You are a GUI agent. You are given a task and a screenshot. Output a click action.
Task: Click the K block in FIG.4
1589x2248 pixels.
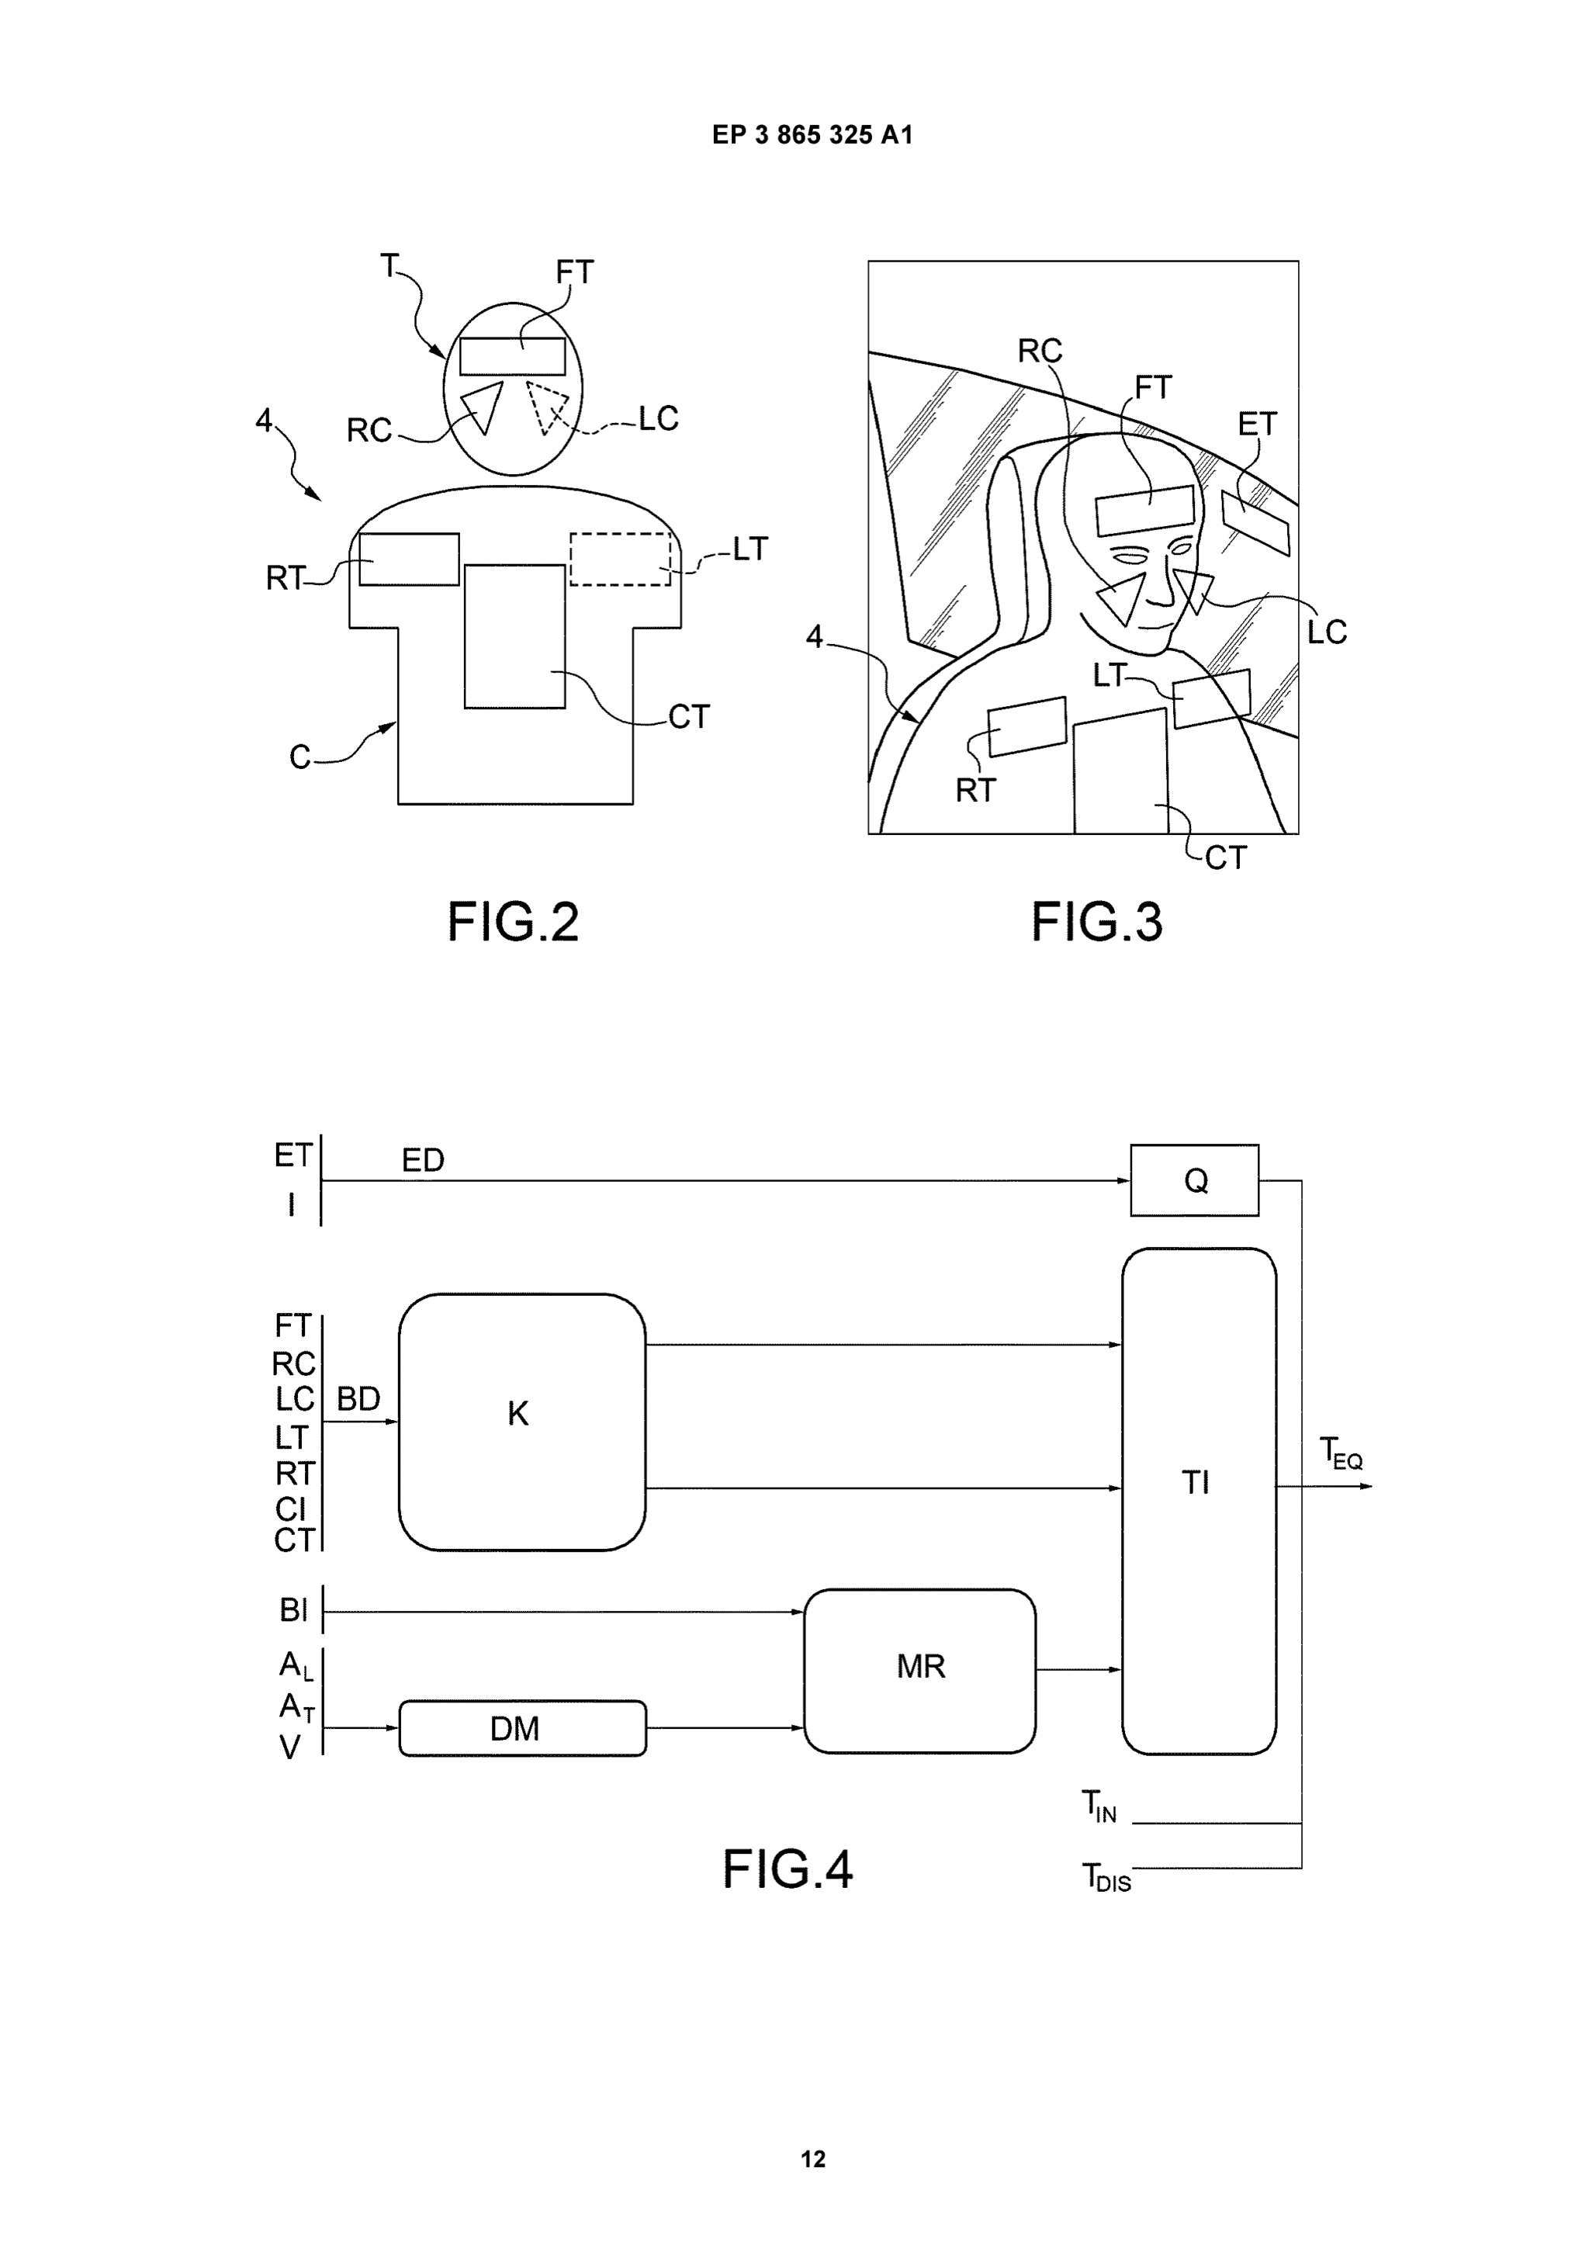pos(522,1422)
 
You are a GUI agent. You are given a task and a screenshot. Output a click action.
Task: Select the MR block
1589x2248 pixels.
pos(919,1671)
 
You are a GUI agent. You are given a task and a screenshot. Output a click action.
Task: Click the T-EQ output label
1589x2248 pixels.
pos(1340,1452)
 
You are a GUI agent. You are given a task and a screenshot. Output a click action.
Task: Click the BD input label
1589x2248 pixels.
pos(358,1398)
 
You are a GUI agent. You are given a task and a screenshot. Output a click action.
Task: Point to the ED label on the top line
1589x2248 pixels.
pos(423,1160)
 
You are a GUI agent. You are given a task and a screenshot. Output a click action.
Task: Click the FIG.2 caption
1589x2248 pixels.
pos(513,921)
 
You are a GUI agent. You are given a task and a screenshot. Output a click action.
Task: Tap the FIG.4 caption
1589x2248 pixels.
pos(788,1869)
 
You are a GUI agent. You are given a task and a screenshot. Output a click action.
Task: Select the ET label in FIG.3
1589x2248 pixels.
pos(1257,424)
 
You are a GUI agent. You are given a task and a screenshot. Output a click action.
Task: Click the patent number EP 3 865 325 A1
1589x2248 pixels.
pos(812,135)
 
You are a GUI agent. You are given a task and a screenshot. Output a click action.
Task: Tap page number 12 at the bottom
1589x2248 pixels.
pos(812,2159)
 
